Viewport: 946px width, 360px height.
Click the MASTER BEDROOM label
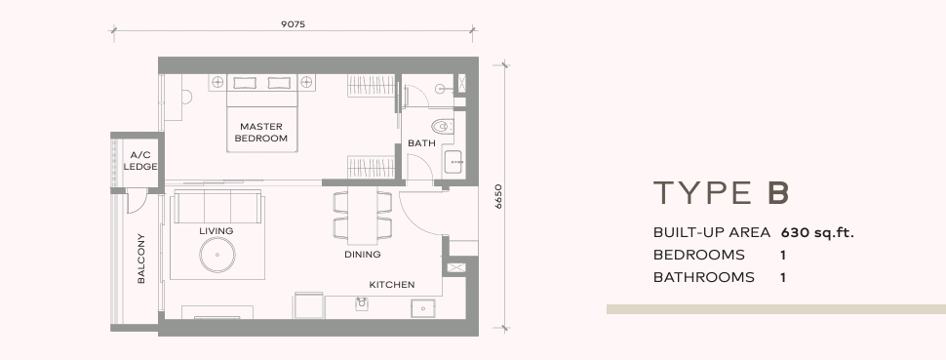pyautogui.click(x=261, y=133)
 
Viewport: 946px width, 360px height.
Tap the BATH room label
pyautogui.click(x=421, y=143)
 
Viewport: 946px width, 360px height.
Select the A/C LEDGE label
pyautogui.click(x=140, y=161)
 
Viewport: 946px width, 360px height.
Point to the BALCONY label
pyautogui.click(x=141, y=258)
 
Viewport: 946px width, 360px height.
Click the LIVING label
pyautogui.click(x=216, y=231)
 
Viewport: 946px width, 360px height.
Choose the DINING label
pyautogui.click(x=363, y=255)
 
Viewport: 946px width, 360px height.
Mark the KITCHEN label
pyautogui.click(x=392, y=285)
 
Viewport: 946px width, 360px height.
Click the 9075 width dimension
pyautogui.click(x=294, y=24)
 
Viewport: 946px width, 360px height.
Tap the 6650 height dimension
pyautogui.click(x=498, y=196)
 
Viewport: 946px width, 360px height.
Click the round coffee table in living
pyautogui.click(x=217, y=255)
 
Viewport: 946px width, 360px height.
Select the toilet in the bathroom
pyautogui.click(x=442, y=126)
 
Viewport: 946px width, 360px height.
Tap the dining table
pyautogui.click(x=363, y=215)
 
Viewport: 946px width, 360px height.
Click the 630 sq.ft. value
pyautogui.click(x=817, y=232)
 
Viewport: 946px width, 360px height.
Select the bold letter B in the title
pyautogui.click(x=778, y=193)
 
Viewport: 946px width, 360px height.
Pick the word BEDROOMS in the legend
pyautogui.click(x=698, y=255)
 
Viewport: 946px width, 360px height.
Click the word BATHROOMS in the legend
pyautogui.click(x=703, y=277)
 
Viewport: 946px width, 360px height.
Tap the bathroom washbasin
pyautogui.click(x=453, y=163)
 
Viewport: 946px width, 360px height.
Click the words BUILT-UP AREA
pyautogui.click(x=712, y=232)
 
